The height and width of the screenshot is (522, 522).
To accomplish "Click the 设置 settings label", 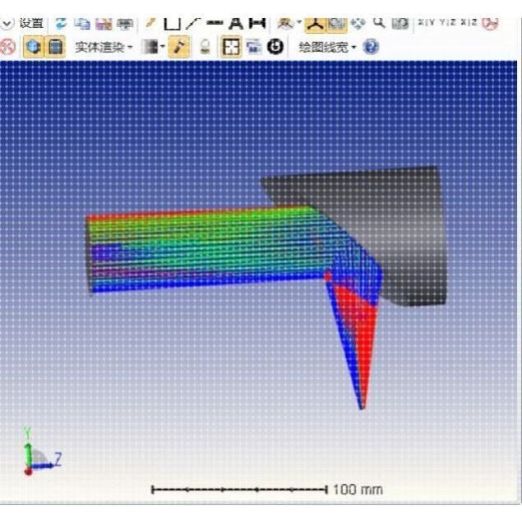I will click(x=31, y=22).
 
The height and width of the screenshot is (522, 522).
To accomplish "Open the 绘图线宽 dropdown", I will click(x=327, y=47).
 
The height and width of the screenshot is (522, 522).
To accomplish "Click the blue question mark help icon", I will click(x=371, y=47).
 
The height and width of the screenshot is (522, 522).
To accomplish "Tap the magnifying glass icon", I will click(x=379, y=21).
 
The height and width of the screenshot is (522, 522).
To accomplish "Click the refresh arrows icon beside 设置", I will click(x=62, y=22).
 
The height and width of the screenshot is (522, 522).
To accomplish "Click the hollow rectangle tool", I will click(x=172, y=22).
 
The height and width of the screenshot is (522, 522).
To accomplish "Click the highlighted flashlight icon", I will click(x=178, y=47).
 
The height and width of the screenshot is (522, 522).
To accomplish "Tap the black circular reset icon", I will click(x=275, y=47).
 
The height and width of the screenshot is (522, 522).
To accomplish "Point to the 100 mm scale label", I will click(x=358, y=489).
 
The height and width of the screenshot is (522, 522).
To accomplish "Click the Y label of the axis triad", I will click(x=27, y=431).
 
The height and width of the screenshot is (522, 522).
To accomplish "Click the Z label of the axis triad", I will click(x=58, y=457).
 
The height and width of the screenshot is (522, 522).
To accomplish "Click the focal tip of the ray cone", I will click(x=361, y=406).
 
